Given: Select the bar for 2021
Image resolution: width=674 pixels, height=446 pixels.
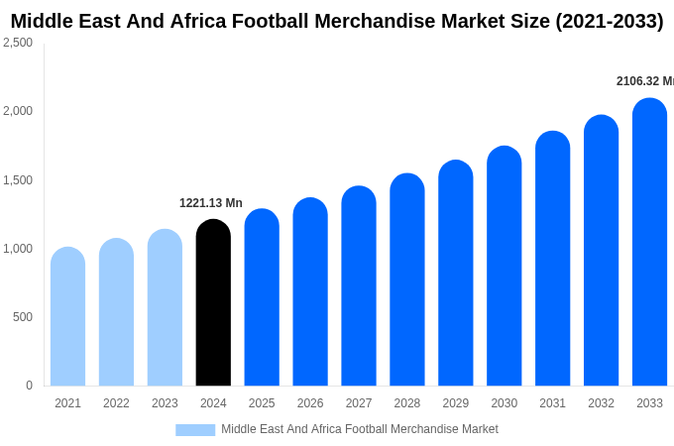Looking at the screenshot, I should [x=67, y=317].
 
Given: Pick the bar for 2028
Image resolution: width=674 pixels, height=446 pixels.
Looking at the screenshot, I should [x=406, y=279].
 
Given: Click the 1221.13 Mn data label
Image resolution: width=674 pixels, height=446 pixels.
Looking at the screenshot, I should [x=210, y=203].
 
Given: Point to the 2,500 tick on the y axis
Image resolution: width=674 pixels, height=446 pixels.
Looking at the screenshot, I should [x=18, y=43].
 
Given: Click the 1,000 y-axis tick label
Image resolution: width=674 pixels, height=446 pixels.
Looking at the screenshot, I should [x=18, y=249].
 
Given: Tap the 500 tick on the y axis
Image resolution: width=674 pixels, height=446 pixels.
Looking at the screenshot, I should [x=22, y=317].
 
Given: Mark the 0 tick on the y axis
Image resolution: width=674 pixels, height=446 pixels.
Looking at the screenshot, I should [x=29, y=386].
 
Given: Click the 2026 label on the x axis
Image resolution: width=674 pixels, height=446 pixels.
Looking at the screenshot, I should [x=310, y=403].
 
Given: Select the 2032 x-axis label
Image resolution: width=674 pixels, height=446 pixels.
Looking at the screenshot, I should [x=601, y=403].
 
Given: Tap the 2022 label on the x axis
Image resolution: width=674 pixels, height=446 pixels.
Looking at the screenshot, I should [x=116, y=403].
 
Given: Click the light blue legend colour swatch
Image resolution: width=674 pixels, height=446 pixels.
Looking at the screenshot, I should [x=195, y=430].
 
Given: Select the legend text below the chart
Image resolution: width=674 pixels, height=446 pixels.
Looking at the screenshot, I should [x=359, y=429].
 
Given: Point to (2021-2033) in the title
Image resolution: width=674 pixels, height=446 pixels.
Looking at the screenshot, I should [x=609, y=21].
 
